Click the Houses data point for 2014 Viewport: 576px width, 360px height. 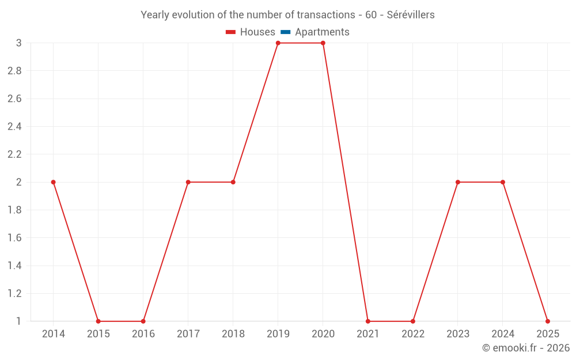[x=54, y=182]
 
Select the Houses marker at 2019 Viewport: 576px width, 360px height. [x=278, y=43]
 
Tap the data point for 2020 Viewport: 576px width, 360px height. [x=323, y=43]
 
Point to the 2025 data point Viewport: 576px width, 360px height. [x=547, y=321]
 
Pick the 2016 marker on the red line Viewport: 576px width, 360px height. [x=143, y=321]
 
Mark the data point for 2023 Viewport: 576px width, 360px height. [x=457, y=182]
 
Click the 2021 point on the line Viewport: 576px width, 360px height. [x=367, y=321]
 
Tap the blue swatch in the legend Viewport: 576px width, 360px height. [x=285, y=32]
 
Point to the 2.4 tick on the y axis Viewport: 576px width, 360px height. [x=14, y=127]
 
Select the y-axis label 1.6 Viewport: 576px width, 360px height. [x=14, y=238]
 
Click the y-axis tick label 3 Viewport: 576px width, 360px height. [x=18, y=43]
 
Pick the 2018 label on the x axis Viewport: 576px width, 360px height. [x=233, y=334]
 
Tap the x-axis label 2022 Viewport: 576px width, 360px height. [x=412, y=334]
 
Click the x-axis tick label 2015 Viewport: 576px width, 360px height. [x=98, y=334]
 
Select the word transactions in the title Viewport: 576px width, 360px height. [x=327, y=15]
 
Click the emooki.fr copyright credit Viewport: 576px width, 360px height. [x=525, y=348]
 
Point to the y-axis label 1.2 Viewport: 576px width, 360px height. [x=14, y=293]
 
